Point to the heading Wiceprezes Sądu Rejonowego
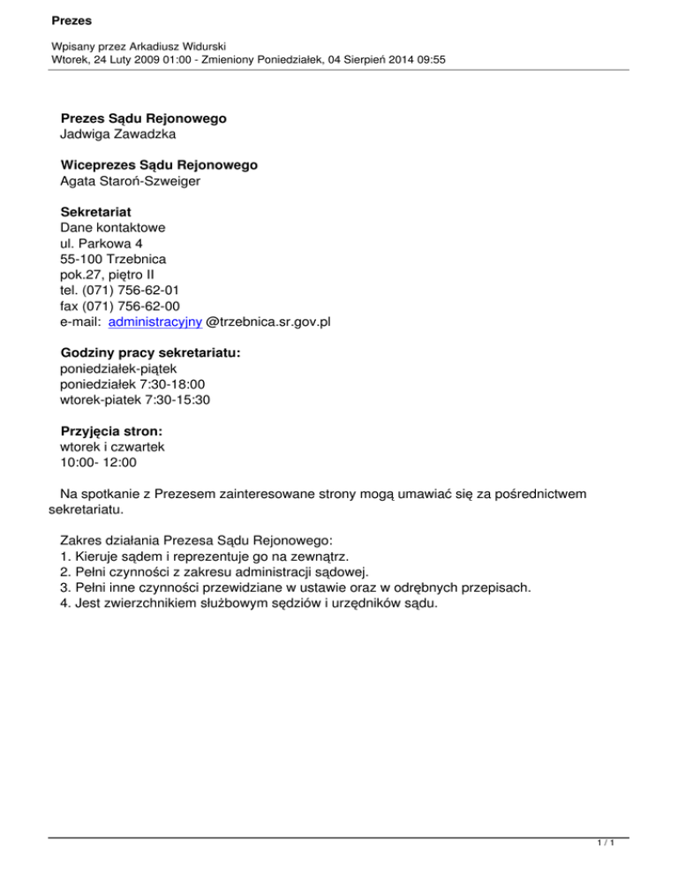(x=159, y=164)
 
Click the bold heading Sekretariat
(x=96, y=211)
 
